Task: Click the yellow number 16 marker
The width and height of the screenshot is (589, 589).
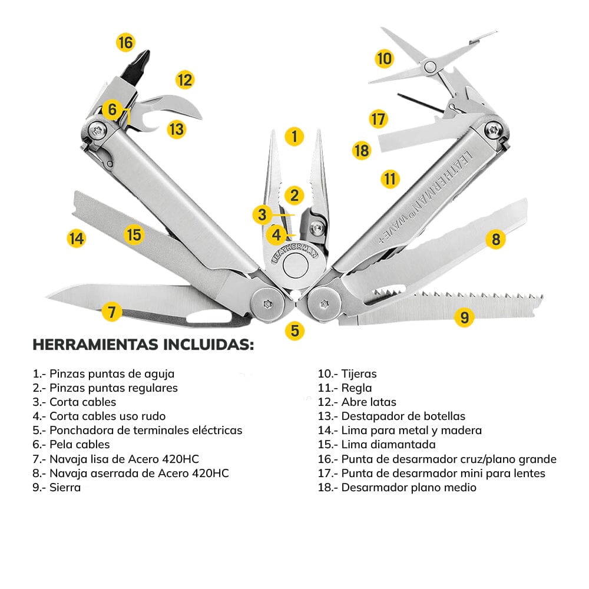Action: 125,42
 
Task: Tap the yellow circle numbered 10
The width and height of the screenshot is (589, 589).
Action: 384,58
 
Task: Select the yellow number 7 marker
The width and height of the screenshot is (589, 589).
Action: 112,310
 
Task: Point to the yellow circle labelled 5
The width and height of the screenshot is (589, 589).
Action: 294,330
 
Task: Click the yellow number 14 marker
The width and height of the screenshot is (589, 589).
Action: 76,239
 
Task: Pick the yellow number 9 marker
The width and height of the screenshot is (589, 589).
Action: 465,317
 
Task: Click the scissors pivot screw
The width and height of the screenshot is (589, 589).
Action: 430,65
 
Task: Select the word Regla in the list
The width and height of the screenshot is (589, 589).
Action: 356,388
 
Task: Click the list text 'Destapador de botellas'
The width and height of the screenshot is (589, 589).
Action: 403,416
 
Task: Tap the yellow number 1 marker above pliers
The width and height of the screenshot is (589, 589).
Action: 294,137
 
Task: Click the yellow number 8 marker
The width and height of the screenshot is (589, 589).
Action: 496,239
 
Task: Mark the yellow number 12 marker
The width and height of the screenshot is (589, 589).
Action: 185,80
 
